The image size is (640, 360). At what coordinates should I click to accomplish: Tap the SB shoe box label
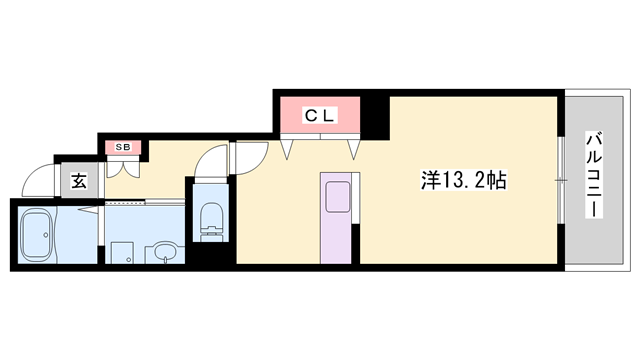click(124, 148)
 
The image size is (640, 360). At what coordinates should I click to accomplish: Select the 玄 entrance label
click(78, 182)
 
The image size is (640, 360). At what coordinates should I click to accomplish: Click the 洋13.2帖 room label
click(462, 181)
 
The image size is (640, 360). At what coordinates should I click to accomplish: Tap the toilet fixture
click(211, 220)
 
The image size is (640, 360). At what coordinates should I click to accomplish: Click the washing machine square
click(122, 252)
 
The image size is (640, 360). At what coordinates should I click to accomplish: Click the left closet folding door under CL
click(289, 148)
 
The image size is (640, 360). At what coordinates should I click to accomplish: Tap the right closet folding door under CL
click(353, 148)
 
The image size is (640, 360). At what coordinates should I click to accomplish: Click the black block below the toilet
click(211, 254)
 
